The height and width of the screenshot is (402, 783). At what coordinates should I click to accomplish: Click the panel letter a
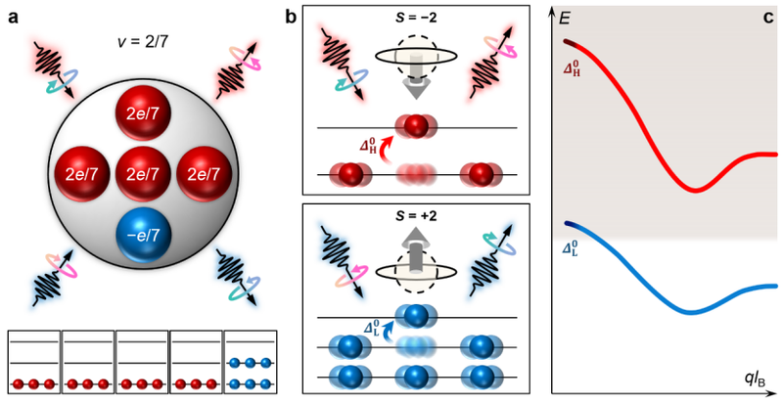coord(14,18)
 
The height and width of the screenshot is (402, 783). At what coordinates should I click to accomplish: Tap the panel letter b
coord(291,18)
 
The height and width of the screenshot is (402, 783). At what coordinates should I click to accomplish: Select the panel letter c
coord(768,18)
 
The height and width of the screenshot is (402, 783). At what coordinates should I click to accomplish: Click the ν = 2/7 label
coord(143,43)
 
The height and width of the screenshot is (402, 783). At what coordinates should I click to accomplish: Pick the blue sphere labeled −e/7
coord(143,235)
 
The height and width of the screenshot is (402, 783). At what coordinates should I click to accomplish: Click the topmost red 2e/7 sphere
coord(143,113)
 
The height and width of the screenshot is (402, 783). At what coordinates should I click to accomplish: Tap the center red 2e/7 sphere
coord(143,173)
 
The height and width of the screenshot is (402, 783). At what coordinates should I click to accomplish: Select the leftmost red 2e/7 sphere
coord(82,173)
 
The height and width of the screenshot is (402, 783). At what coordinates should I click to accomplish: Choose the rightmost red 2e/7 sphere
coord(205,173)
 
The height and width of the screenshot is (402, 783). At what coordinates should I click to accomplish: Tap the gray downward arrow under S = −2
coord(415,75)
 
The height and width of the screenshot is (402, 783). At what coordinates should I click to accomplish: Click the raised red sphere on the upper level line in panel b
coord(415,127)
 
